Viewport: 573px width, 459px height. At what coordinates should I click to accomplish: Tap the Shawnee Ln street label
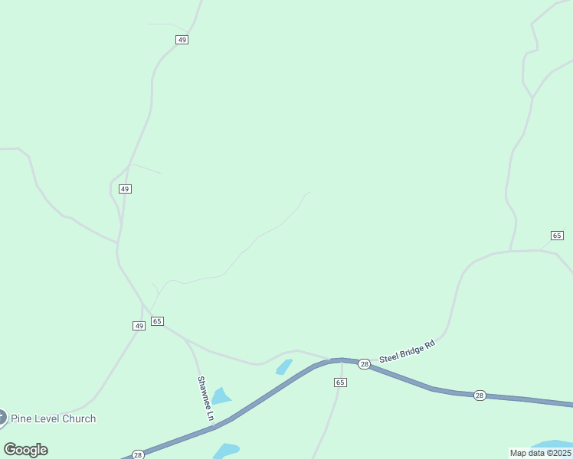(x=205, y=399)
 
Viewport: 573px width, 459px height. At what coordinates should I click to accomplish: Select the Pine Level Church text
(x=53, y=418)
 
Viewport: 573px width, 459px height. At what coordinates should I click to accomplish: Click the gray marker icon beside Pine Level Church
(x=2, y=418)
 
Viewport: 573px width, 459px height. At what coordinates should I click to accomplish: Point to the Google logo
(x=25, y=450)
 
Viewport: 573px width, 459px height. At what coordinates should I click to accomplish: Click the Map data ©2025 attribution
(x=540, y=453)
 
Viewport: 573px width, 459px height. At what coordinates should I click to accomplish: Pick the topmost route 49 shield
(x=182, y=39)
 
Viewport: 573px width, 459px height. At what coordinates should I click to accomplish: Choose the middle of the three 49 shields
(x=126, y=188)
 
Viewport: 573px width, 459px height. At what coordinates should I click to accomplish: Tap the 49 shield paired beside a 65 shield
(x=139, y=326)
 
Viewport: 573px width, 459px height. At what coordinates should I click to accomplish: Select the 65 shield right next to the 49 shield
(x=157, y=321)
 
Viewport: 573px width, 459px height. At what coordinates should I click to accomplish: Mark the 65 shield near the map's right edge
(x=557, y=235)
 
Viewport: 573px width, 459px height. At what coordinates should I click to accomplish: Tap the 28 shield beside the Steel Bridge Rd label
(x=365, y=364)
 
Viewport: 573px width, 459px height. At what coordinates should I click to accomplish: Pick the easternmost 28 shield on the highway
(x=480, y=395)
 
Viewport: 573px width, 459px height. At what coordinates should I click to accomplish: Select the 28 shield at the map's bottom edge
(x=138, y=454)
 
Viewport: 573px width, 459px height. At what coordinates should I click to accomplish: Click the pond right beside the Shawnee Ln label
(x=221, y=396)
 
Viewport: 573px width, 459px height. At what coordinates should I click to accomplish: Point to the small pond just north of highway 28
(x=284, y=367)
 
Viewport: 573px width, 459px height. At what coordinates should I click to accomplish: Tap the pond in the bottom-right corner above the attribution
(x=552, y=444)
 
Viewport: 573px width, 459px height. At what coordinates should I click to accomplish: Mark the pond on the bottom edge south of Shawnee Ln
(x=226, y=451)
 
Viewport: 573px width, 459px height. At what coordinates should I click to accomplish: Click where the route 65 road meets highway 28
(x=341, y=360)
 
